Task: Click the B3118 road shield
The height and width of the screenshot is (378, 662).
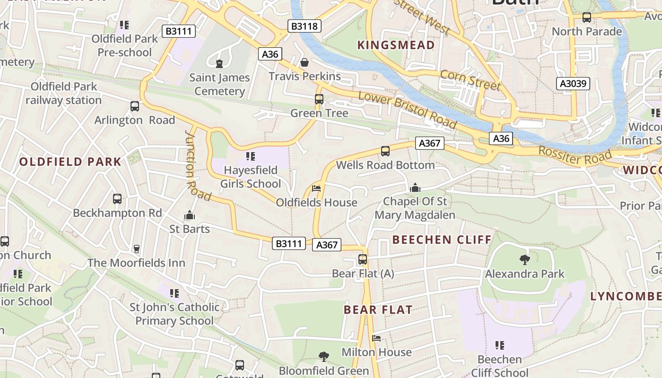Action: coord(305,26)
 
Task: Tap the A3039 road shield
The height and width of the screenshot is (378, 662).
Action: coord(573,84)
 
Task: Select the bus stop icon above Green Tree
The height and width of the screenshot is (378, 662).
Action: coord(319,99)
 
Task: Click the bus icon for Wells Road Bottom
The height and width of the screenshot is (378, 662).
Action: coord(385,151)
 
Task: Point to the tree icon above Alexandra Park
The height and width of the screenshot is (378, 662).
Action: coord(524,259)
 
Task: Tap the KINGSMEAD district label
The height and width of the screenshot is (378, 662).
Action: coord(396,45)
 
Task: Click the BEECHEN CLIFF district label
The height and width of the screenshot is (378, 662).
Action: coord(442,240)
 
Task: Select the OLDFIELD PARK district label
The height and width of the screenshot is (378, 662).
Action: coord(70,162)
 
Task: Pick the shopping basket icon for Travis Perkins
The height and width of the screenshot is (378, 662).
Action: coord(305,62)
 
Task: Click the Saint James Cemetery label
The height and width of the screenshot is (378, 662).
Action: coord(219,84)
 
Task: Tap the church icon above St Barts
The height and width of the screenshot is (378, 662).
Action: coord(190,215)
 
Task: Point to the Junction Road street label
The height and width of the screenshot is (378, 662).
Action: coord(197,165)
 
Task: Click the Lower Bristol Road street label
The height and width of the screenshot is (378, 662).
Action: coord(407,110)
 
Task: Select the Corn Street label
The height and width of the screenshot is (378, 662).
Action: coord(470,80)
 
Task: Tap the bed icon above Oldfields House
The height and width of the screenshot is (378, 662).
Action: coord(316,189)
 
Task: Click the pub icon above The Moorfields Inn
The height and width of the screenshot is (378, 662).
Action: coord(136,249)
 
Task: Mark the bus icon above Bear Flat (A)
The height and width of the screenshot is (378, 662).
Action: coord(363,259)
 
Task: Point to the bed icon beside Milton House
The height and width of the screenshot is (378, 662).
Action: coord(376,338)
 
